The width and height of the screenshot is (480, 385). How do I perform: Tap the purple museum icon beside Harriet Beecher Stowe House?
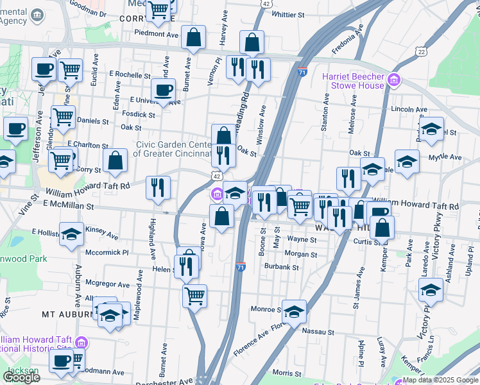tap(393, 81)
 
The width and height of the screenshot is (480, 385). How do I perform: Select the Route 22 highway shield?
tap(421, 51)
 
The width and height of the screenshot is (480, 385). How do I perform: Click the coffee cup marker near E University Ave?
tap(163, 90)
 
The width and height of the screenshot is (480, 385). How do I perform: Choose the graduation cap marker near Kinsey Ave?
tap(71, 234)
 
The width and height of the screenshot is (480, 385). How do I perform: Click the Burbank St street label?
tap(282, 267)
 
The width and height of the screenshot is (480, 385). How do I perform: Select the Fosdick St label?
tap(139, 115)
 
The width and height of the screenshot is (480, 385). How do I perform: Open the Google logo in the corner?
tap(21, 377)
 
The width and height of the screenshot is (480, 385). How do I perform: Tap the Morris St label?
tap(287, 372)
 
